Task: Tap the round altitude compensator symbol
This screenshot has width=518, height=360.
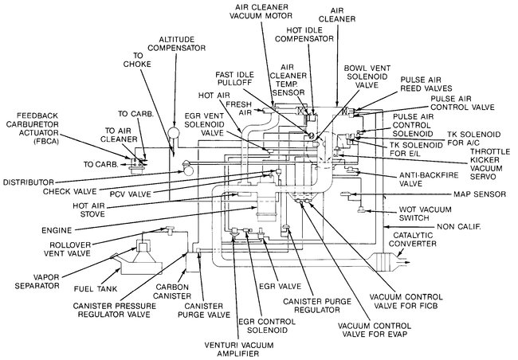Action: (172, 131)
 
